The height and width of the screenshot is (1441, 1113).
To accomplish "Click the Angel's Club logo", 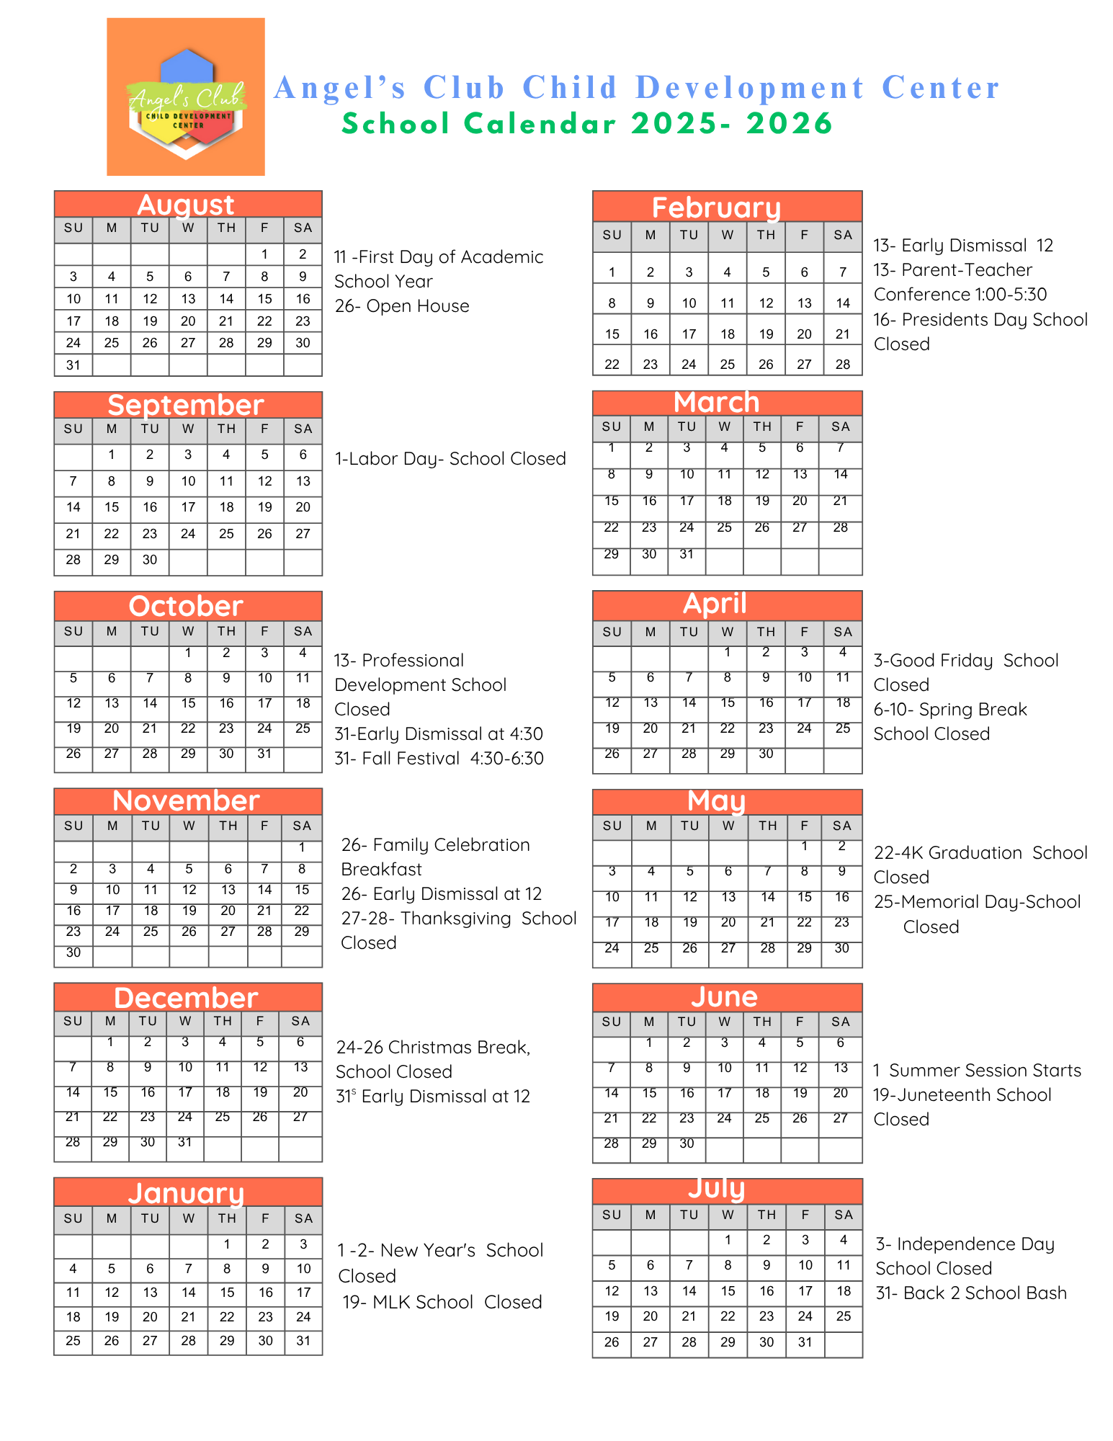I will click(x=186, y=97).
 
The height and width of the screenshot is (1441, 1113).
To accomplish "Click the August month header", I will click(x=187, y=205).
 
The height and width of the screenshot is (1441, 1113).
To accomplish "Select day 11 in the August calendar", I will click(x=112, y=299).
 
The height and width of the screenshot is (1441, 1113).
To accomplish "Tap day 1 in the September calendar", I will click(x=112, y=455).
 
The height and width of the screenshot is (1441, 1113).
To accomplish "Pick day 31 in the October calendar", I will click(x=264, y=754).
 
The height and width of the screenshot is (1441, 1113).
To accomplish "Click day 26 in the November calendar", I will click(x=189, y=932).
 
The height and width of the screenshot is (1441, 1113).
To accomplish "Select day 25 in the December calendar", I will click(x=223, y=1117).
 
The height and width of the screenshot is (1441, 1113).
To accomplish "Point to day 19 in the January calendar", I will click(x=112, y=1317).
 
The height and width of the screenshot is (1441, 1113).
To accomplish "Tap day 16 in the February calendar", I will click(x=651, y=334).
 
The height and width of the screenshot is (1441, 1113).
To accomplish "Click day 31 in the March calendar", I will click(x=687, y=554).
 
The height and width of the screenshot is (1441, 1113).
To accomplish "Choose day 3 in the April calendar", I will click(x=805, y=652).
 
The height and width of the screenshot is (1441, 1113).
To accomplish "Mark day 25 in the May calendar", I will click(x=651, y=948).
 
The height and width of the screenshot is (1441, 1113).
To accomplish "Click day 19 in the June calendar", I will click(x=800, y=1093).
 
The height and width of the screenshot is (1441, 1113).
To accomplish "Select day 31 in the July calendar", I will click(x=805, y=1342).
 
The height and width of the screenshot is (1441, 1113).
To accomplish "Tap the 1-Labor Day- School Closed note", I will click(x=450, y=459).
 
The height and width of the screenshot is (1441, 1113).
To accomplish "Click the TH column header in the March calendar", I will click(x=762, y=427).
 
